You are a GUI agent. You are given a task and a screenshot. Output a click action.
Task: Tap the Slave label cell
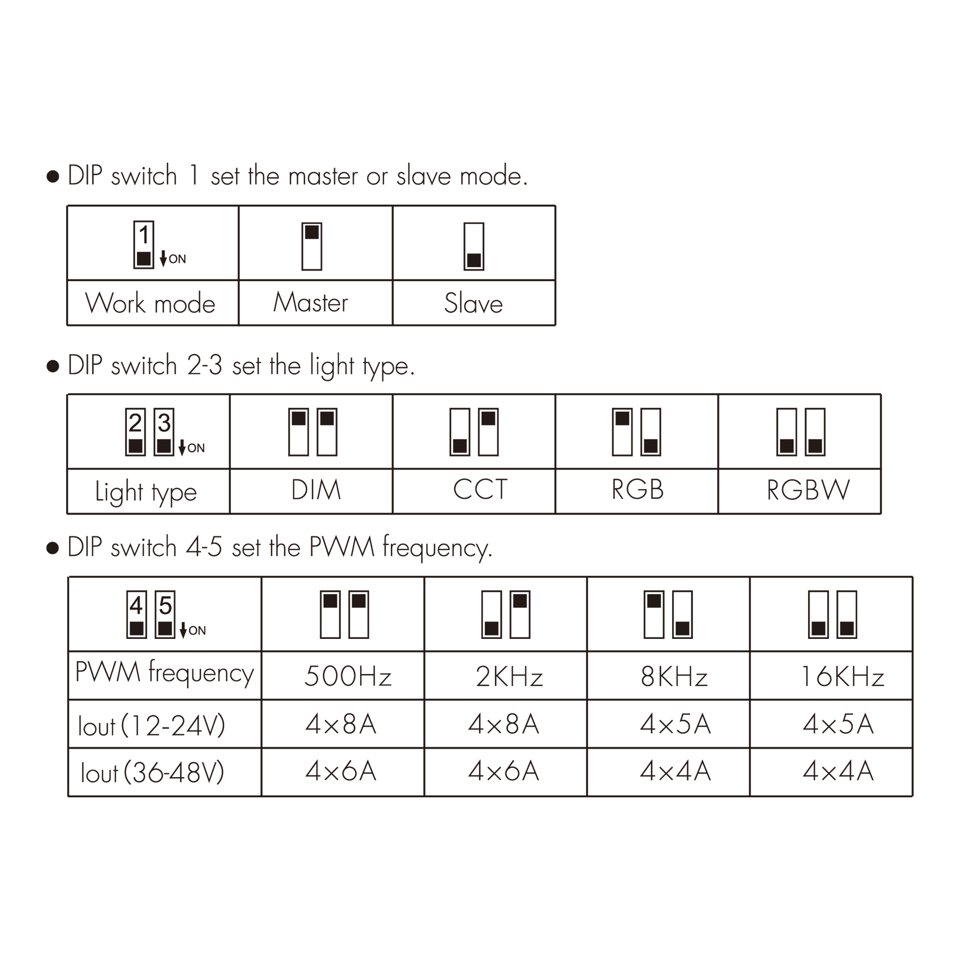[x=474, y=303]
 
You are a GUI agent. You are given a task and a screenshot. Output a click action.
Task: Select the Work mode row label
[x=150, y=303]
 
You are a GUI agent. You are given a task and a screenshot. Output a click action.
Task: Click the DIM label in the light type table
[x=316, y=490]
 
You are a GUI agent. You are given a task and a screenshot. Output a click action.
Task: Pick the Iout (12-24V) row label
[x=151, y=725]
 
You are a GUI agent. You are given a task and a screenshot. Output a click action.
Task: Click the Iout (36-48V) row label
[x=153, y=772]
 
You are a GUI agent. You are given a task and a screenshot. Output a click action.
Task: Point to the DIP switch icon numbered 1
[x=143, y=245]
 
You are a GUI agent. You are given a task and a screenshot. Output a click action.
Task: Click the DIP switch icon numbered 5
[x=165, y=614]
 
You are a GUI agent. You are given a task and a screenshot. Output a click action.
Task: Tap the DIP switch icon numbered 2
[x=135, y=432]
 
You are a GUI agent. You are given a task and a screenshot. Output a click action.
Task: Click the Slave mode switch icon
[x=474, y=246]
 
